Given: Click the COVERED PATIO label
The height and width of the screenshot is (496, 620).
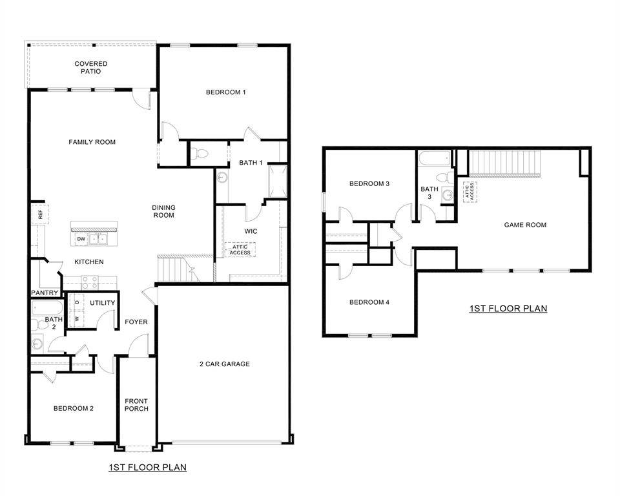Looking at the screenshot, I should click(90, 67).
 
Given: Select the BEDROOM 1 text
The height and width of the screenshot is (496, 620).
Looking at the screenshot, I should click(225, 92).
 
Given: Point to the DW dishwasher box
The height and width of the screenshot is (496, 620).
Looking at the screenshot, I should click(81, 239).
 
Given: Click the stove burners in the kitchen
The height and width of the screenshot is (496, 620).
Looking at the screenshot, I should click(89, 282).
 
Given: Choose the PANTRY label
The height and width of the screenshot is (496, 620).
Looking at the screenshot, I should click(45, 293).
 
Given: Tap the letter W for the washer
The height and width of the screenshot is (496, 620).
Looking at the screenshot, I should click(77, 318).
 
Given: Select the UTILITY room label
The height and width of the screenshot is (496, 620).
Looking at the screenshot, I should click(103, 303).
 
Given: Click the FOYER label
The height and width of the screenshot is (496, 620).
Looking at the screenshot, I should click(136, 322).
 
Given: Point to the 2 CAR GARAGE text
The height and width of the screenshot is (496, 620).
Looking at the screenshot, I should click(224, 364).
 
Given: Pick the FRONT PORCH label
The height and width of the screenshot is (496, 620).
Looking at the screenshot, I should click(136, 405).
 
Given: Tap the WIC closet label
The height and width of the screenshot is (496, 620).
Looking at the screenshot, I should click(251, 231).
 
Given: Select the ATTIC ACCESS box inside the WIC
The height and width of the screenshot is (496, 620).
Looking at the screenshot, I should click(240, 249).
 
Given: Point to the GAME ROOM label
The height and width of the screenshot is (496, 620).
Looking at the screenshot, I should click(525, 225).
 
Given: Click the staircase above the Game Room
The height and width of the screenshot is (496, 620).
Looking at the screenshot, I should click(503, 162).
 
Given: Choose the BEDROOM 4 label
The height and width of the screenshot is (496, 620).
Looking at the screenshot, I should click(369, 302).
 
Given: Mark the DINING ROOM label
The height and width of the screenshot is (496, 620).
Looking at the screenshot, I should click(163, 211).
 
